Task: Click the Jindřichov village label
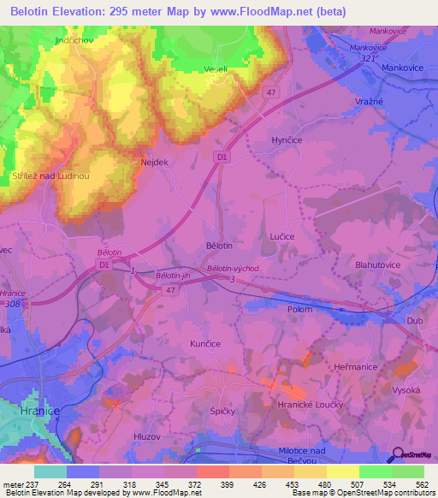pyautogui.click(x=73, y=40)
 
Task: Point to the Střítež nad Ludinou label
pyautogui.click(x=51, y=175)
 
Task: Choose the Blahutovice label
pyautogui.click(x=378, y=265)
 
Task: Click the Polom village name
pyautogui.click(x=300, y=309)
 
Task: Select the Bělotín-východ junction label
pyautogui.click(x=233, y=268)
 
